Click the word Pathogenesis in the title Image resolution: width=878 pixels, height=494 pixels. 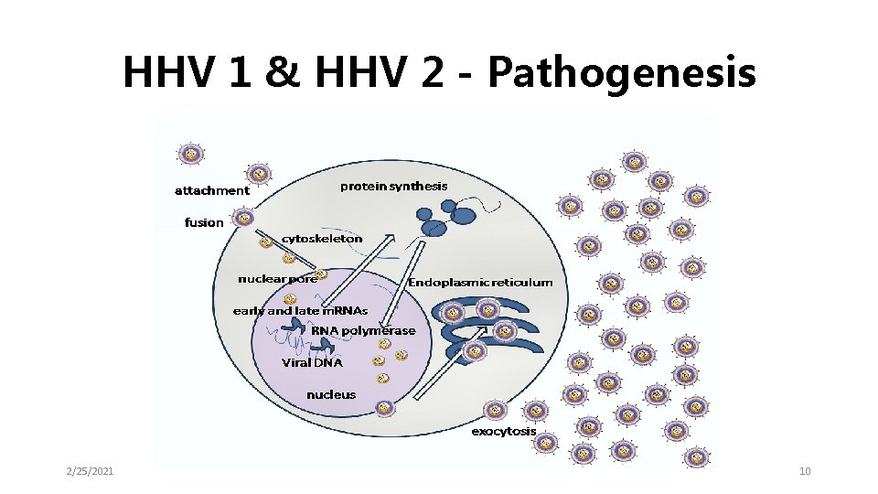pyautogui.click(x=622, y=73)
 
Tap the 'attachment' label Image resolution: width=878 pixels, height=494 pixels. pyautogui.click(x=211, y=190)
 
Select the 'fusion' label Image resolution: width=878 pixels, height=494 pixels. pyautogui.click(x=203, y=222)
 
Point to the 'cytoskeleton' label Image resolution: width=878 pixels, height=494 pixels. pyautogui.click(x=322, y=238)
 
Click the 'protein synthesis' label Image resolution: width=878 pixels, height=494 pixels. pyautogui.click(x=394, y=187)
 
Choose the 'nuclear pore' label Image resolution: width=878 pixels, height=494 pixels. pyautogui.click(x=276, y=278)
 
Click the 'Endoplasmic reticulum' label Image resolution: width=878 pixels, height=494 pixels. pyautogui.click(x=480, y=283)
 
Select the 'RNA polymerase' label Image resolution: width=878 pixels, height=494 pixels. pyautogui.click(x=363, y=330)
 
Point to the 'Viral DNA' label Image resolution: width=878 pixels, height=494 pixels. pyautogui.click(x=312, y=362)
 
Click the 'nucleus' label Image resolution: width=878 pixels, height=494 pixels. pyautogui.click(x=331, y=395)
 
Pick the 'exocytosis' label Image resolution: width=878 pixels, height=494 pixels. pyautogui.click(x=504, y=431)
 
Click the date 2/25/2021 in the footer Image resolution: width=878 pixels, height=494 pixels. pyautogui.click(x=90, y=471)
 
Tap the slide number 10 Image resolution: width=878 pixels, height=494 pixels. pyautogui.click(x=805, y=471)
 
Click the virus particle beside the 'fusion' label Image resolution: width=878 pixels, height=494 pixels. pyautogui.click(x=243, y=218)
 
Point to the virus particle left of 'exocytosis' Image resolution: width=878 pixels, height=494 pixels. pyautogui.click(x=495, y=411)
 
